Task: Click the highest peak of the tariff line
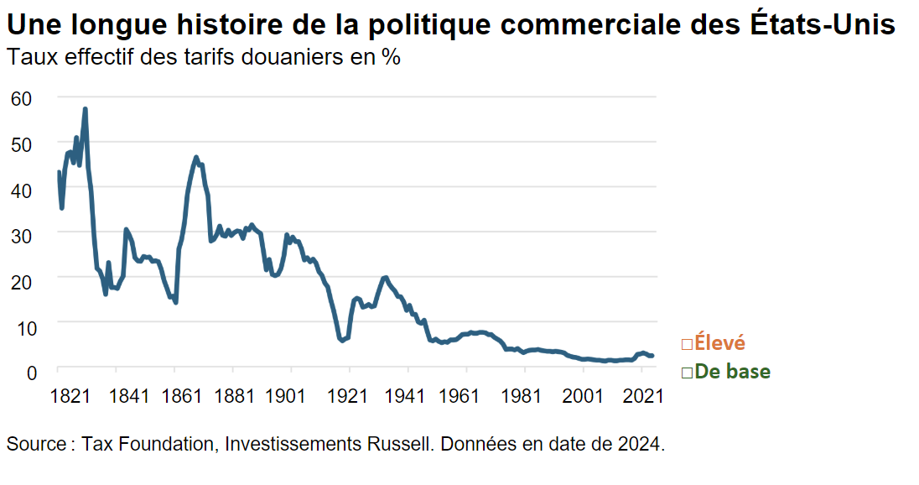85,109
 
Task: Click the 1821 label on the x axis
70,394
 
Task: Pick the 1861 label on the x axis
187,394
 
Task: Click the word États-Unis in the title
819,25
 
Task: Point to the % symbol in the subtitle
390,58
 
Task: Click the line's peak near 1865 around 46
196,158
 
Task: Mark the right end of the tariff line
652,356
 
